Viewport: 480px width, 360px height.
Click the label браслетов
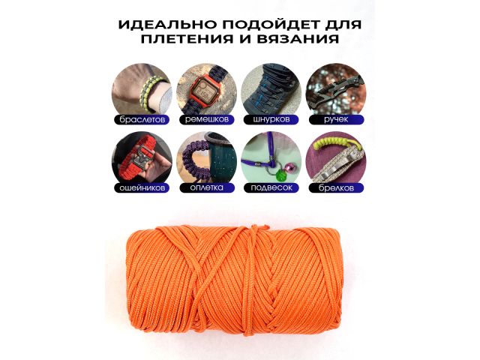(x=142, y=119)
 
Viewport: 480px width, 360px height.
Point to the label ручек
(x=335, y=119)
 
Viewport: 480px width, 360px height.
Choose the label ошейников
(x=142, y=187)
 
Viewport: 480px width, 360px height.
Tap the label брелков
(x=335, y=187)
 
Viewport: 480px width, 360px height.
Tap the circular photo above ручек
(x=335, y=88)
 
